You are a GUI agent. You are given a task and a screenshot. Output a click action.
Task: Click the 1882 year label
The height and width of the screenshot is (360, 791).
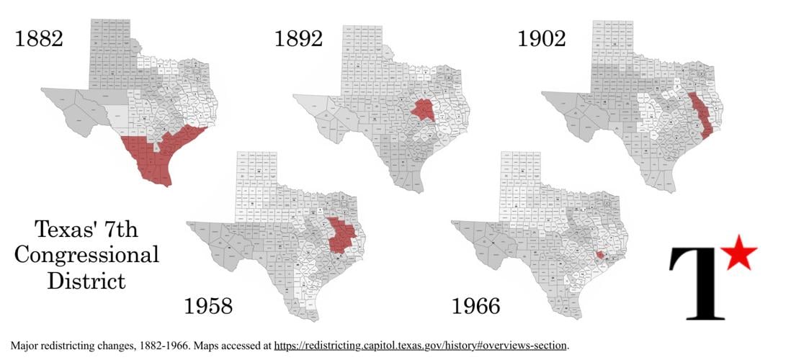pyautogui.click(x=39, y=38)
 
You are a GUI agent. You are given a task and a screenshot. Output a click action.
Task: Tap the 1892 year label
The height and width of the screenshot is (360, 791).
pyautogui.click(x=298, y=38)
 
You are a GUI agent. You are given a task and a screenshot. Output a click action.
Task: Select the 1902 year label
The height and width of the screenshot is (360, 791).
pyautogui.click(x=542, y=38)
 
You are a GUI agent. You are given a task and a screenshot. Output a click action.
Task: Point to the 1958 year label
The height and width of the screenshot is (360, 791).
pyautogui.click(x=209, y=305)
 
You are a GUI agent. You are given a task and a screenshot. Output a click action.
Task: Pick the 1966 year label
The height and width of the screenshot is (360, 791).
pyautogui.click(x=475, y=305)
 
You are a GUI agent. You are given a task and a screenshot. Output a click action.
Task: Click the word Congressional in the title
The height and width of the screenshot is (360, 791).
pyautogui.click(x=86, y=256)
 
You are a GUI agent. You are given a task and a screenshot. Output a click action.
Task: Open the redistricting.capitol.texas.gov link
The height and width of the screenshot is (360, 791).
pyautogui.click(x=421, y=346)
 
